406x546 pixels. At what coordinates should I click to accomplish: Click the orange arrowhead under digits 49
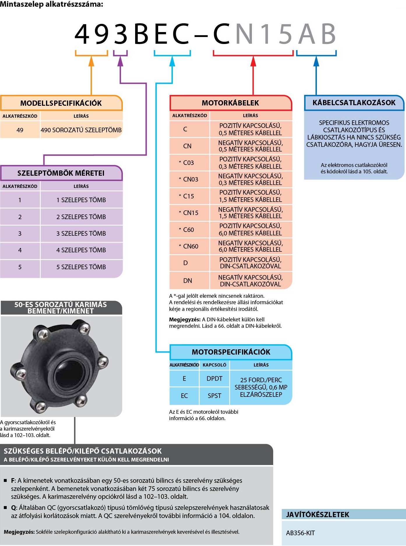coord(91,61)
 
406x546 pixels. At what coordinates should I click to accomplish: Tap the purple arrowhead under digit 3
coord(120,61)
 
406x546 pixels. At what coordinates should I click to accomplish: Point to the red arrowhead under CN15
coord(253,61)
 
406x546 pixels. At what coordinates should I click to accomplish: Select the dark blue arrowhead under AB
coord(316,61)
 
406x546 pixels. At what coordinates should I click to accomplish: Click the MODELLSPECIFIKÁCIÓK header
coord(61,103)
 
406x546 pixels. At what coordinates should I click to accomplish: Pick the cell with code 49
coord(20,130)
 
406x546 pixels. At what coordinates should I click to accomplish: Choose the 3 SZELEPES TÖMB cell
coord(81,233)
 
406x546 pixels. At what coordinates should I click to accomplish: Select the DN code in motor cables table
coord(188,281)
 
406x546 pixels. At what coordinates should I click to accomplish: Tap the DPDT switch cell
coord(214,378)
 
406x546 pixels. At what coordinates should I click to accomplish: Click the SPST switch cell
coord(214,396)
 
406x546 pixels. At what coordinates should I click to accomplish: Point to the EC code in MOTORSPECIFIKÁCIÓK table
coord(184,396)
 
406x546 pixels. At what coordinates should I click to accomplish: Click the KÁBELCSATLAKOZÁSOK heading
coord(354,103)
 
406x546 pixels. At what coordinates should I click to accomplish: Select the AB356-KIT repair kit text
coord(300,533)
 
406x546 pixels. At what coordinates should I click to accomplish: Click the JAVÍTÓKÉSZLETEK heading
coord(317,515)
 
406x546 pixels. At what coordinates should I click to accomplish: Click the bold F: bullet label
coord(13,480)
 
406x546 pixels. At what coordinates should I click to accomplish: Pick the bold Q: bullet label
coord(14,508)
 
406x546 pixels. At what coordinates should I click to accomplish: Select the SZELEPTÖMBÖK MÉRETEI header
coord(61,173)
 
